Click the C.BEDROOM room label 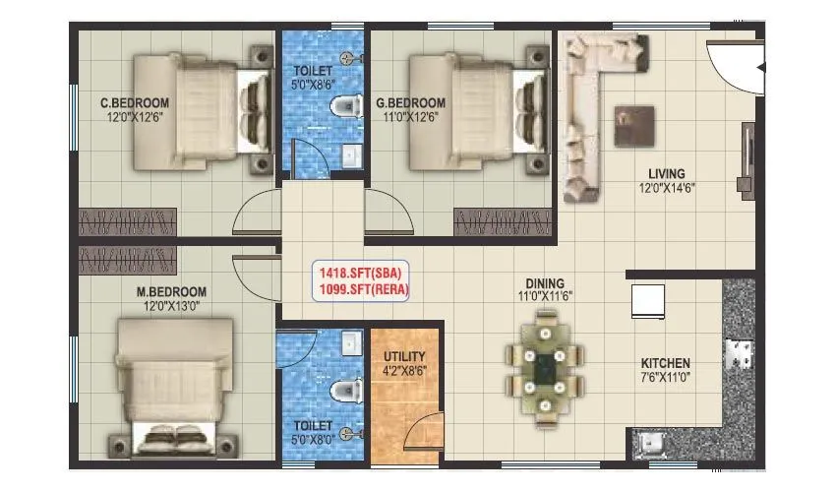tap(134, 102)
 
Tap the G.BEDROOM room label tap(412, 102)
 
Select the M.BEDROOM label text tap(171, 291)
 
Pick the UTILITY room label tap(404, 356)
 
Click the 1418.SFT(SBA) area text tap(360, 274)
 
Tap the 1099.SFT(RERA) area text tap(360, 289)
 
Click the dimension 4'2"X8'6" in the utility tap(404, 372)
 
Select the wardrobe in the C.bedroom tap(127, 220)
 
